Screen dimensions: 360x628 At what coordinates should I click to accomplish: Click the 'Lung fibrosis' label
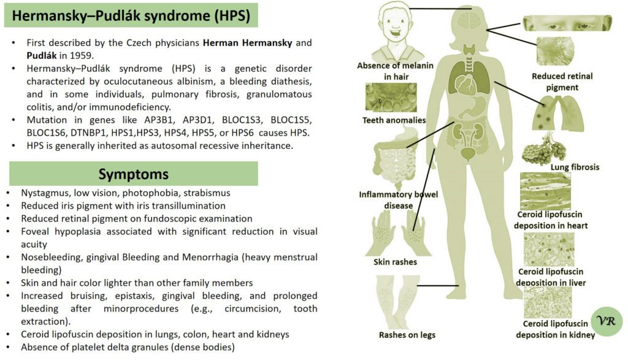575,167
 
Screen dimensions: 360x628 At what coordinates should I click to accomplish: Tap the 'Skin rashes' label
395,262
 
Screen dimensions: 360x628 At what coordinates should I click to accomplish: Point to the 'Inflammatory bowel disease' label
399,200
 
